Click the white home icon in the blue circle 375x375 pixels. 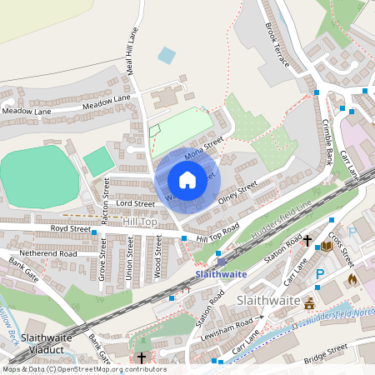187,179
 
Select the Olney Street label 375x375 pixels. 237,192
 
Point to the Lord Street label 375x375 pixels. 135,203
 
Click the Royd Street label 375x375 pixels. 70,227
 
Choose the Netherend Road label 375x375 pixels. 47,252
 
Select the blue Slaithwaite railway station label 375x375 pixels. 220,273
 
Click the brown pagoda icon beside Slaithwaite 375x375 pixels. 310,302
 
